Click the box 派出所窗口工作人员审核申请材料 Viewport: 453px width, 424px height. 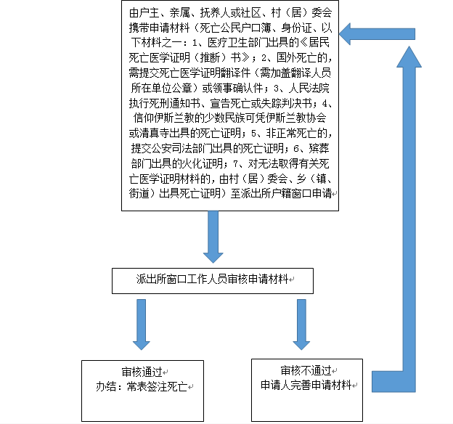tap(213, 281)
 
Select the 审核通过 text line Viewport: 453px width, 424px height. tap(142, 372)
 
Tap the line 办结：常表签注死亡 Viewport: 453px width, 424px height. tap(142, 387)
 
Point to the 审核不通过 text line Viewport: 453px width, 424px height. tap(306, 370)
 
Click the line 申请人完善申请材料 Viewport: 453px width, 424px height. tap(306, 385)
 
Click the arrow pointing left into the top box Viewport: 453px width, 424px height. tap(377, 34)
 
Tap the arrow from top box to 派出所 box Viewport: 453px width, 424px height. tap(213, 237)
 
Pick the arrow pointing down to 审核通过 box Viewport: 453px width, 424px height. tap(142, 325)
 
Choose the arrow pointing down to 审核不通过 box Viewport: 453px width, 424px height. tap(301, 325)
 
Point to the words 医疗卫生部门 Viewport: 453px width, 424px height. tap(238, 43)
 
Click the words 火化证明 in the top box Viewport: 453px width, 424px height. tap(203, 163)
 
